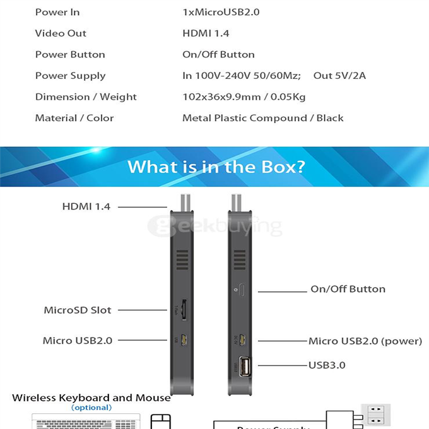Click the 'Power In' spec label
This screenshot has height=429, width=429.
(57, 12)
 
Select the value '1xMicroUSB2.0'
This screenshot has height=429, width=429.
(221, 12)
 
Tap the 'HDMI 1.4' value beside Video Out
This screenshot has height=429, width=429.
(206, 33)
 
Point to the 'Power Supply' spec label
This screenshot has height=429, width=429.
(70, 76)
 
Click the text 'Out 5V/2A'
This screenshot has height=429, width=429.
(339, 76)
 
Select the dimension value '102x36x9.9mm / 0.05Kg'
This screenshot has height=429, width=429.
(244, 97)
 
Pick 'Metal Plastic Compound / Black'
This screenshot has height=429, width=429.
(262, 118)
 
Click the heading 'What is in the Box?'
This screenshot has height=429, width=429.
(216, 167)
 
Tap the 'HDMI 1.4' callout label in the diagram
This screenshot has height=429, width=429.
(86, 206)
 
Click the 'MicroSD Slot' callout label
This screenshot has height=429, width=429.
(77, 310)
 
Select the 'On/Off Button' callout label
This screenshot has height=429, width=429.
(348, 289)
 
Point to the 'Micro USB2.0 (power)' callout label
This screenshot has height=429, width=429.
(365, 341)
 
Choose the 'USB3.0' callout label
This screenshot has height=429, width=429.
(327, 365)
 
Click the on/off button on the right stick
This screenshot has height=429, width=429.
(243, 291)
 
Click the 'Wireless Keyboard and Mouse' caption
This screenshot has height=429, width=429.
(91, 397)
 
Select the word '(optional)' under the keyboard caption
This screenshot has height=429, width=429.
(91, 408)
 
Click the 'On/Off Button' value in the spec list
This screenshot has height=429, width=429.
(218, 54)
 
